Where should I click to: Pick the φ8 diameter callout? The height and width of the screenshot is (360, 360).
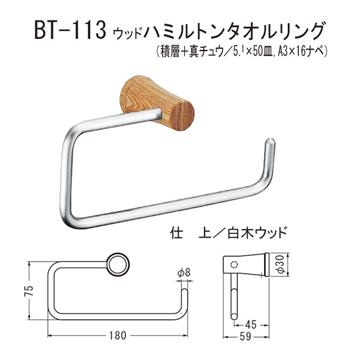click(184, 272)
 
